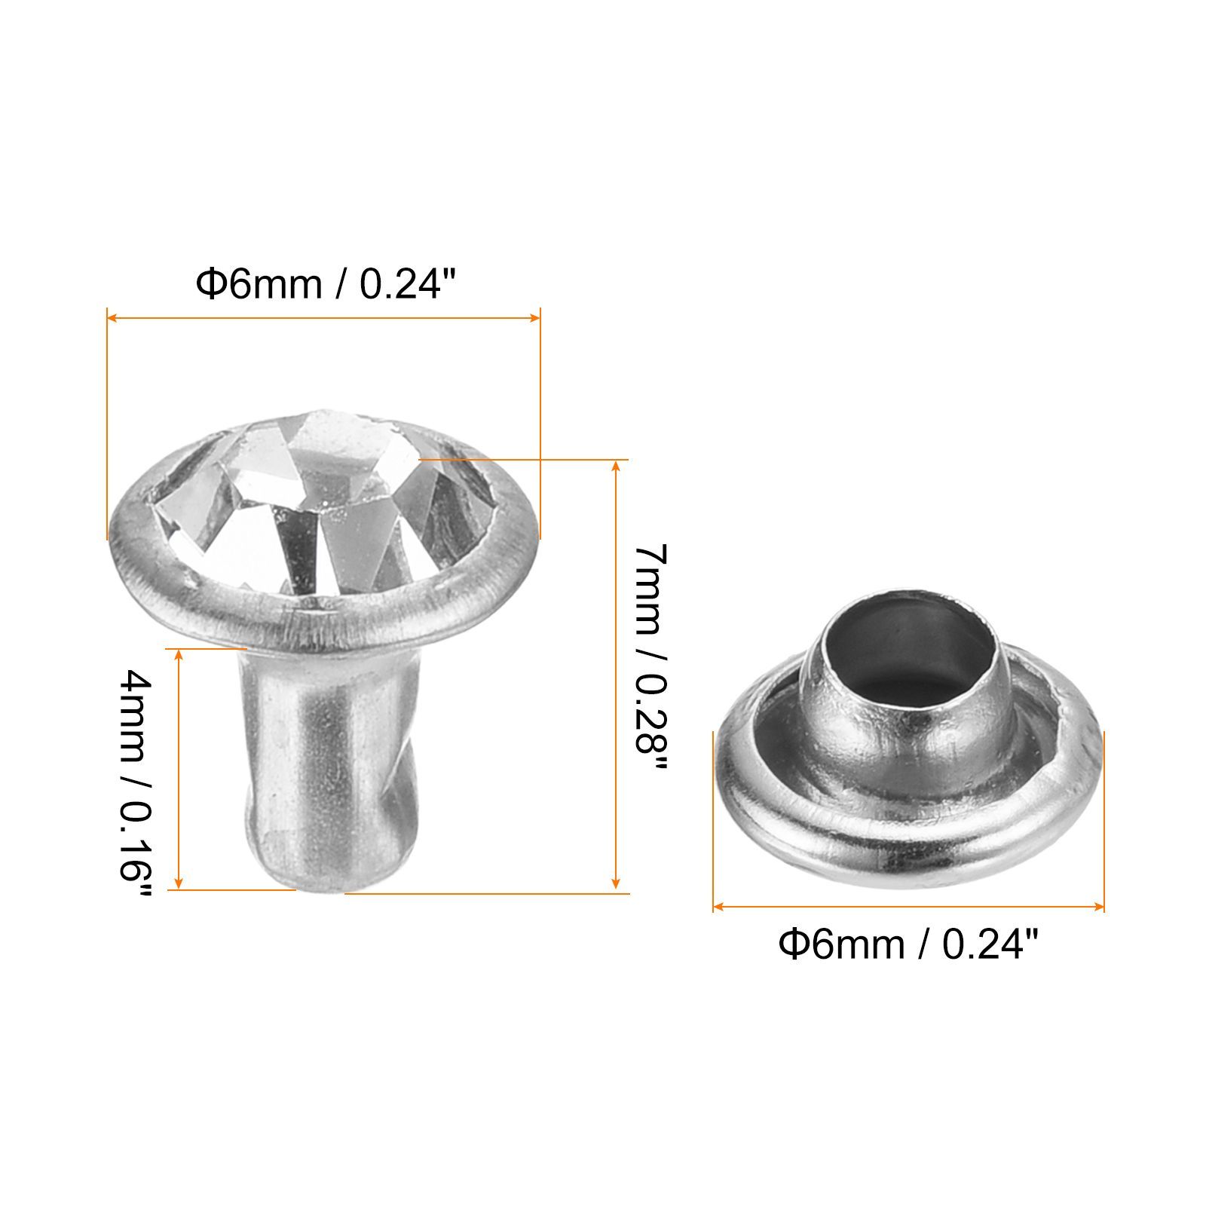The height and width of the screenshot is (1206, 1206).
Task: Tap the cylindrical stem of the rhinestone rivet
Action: pyautogui.click(x=328, y=761)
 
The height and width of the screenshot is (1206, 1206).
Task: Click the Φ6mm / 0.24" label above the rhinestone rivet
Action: pyautogui.click(x=326, y=285)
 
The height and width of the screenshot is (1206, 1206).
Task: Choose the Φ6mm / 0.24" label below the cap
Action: pyautogui.click(x=908, y=944)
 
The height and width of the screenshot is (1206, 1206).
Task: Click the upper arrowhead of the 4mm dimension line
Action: pyautogui.click(x=179, y=655)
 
